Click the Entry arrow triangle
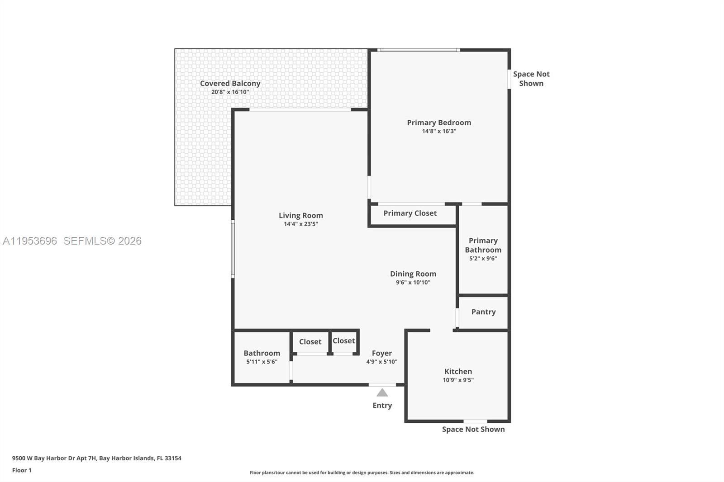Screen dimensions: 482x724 pos(382,392)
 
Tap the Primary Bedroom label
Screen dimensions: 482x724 pos(439,123)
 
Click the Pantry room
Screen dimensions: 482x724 pos(483,312)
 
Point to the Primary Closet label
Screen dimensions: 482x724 pos(410,213)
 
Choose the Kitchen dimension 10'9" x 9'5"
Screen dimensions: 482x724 pos(458,380)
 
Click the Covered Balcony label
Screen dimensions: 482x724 pos(230,84)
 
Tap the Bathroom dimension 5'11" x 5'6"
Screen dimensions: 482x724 pos(262,362)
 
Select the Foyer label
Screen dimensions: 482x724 pos(382,353)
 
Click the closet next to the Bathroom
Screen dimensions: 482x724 pos(310,342)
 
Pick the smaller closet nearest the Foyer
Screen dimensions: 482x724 pos(344,341)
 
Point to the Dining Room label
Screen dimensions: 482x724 pos(413,274)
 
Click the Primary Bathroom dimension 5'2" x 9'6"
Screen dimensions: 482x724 pos(483,259)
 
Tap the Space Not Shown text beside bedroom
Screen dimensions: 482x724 pos(531,79)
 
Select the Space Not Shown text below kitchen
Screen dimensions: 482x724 pos(473,430)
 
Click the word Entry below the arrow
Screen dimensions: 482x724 pos(382,406)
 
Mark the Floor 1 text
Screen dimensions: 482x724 pos(22,470)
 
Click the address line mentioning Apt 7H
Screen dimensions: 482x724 pos(97,458)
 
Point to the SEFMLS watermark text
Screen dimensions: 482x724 pos(102,241)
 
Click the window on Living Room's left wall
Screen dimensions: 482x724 pos(233,249)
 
